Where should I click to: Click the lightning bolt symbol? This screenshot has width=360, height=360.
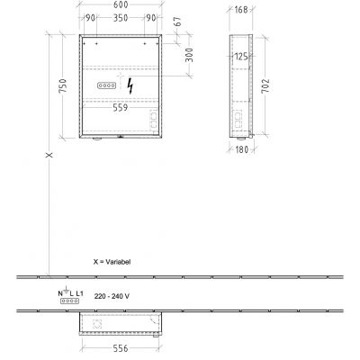pos(133,86)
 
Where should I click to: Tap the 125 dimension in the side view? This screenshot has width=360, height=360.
pos(240,58)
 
